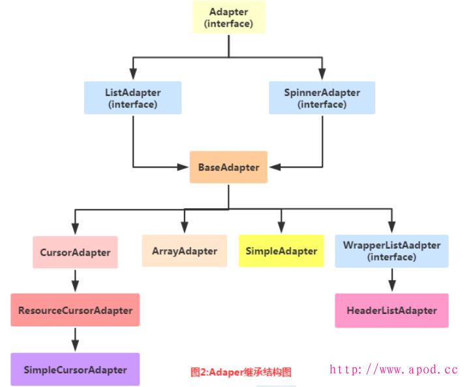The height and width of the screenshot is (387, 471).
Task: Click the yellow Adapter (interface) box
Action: (228, 18)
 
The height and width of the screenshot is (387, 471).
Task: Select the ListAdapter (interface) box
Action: (132, 98)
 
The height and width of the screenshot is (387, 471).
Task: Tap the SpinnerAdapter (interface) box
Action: (322, 98)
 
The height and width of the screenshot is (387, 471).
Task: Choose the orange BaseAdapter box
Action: (228, 167)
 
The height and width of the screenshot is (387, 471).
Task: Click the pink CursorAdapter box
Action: (75, 252)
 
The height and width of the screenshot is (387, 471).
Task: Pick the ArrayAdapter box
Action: (185, 251)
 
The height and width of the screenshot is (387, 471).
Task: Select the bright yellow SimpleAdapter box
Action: (281, 251)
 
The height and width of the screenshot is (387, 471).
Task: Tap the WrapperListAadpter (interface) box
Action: (391, 251)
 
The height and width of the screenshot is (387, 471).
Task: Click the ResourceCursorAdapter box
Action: (75, 310)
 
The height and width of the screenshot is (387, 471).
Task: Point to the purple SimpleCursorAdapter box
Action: (75, 369)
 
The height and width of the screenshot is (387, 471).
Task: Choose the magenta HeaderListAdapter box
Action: (391, 311)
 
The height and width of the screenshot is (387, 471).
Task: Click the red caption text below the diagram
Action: (241, 372)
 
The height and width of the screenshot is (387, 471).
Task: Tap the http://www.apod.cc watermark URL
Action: (394, 369)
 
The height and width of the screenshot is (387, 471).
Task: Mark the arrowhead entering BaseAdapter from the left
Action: (183, 167)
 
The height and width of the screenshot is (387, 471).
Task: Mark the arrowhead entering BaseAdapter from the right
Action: (275, 167)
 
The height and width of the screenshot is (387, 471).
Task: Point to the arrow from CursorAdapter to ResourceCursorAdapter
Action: (75, 281)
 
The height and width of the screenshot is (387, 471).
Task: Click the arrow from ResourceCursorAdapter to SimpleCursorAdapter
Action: (75, 340)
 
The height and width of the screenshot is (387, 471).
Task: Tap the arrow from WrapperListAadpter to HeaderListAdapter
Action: (391, 281)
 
